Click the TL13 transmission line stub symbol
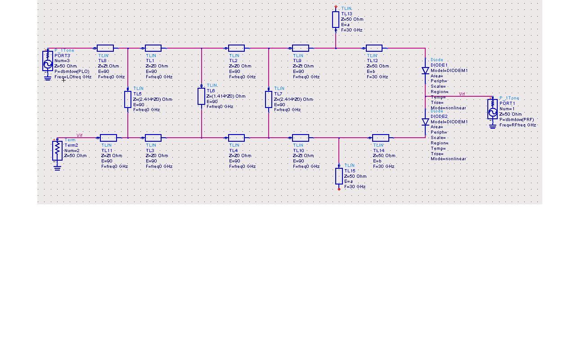336,19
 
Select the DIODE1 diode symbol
425,71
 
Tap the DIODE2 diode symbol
425,121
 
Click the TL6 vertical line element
201,96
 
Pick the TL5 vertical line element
128,99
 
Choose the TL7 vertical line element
269,99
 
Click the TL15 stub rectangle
339,176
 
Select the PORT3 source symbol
48,61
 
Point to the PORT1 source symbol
492,109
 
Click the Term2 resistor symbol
57,150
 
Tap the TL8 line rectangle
105,48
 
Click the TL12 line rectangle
374,48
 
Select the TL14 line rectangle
381,138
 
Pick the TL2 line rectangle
236,48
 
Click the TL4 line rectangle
236,138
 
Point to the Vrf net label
462,94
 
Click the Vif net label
80,135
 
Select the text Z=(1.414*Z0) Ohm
226,96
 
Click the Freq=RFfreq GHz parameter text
517,125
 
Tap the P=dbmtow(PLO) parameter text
72,72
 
